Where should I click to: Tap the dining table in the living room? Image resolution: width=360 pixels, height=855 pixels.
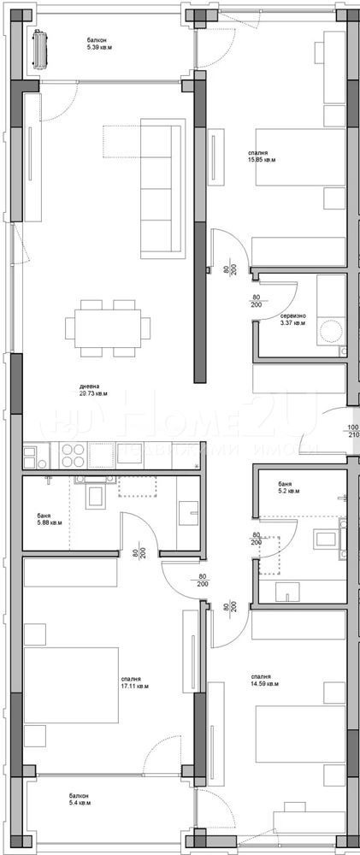[x=107, y=326]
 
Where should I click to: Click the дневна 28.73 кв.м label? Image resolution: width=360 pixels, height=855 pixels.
[x=93, y=390]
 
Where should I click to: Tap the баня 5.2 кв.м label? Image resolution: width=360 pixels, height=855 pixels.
[x=289, y=487]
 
